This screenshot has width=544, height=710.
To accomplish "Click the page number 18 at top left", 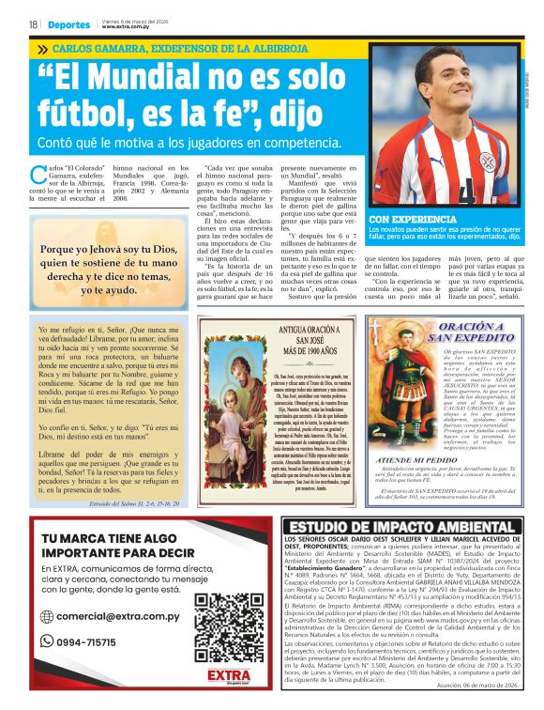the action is pos(32,23).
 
